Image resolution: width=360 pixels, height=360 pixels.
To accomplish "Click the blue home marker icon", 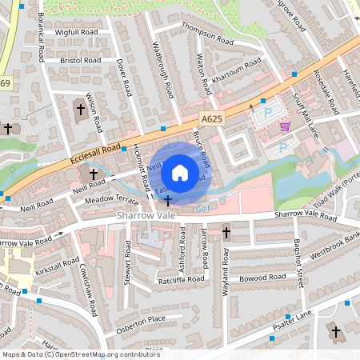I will [180, 173].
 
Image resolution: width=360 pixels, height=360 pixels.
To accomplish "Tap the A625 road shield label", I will [210, 118].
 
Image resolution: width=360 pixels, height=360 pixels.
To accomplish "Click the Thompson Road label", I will [207, 34].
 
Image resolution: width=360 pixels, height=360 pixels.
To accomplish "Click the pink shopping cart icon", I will [286, 126].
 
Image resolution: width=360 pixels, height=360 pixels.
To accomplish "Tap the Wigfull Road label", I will [78, 33].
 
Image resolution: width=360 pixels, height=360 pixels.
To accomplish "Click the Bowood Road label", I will [262, 277].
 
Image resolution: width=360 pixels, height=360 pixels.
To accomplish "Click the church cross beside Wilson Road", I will [80, 109].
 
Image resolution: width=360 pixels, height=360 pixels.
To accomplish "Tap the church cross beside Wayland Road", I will [226, 233].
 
